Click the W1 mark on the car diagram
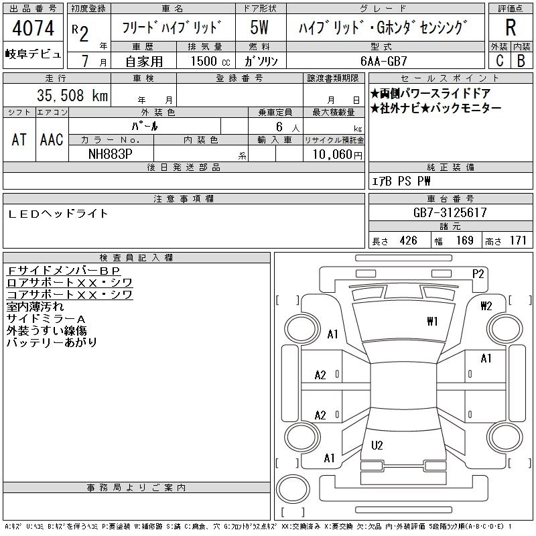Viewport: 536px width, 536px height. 432,322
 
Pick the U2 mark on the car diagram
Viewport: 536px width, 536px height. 377,445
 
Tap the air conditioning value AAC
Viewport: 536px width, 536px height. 52,139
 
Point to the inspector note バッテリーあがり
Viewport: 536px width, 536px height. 52,342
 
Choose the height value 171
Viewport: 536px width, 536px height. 518,241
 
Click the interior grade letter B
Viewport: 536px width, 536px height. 521,60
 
